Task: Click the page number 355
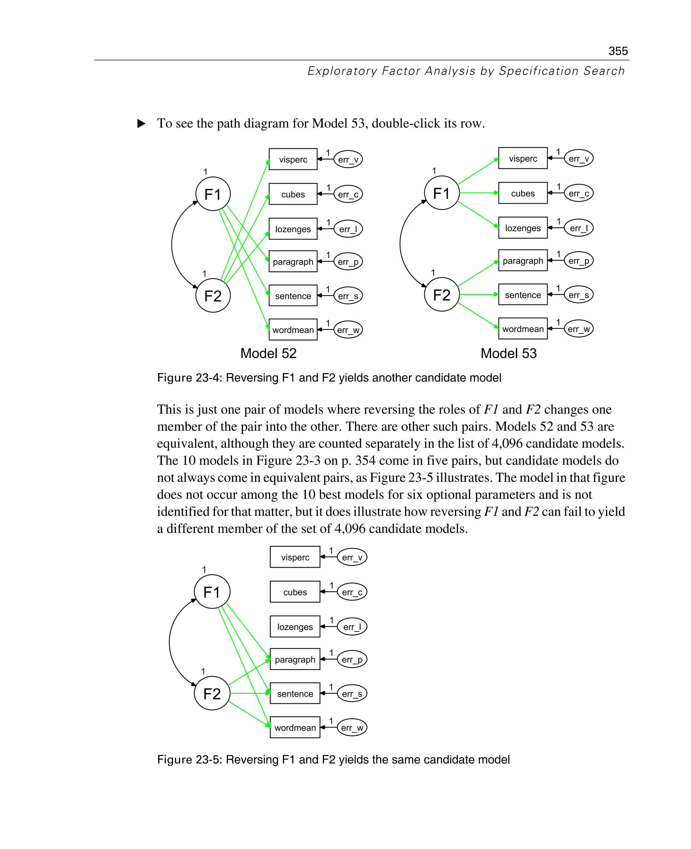(x=618, y=51)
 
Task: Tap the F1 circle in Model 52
(x=213, y=194)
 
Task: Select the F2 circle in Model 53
(x=442, y=294)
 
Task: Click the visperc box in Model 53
(x=523, y=159)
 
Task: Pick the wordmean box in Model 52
(x=293, y=330)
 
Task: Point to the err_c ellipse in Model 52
(x=348, y=195)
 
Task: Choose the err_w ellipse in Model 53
(x=579, y=329)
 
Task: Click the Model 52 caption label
(x=268, y=353)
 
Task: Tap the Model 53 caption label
(x=508, y=353)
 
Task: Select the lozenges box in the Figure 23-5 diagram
(x=295, y=627)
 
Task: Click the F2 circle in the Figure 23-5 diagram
(x=212, y=694)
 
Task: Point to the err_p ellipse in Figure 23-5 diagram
(x=352, y=659)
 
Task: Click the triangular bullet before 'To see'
(x=141, y=124)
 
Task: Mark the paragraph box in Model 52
(x=293, y=261)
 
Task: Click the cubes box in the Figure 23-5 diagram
(x=295, y=592)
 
